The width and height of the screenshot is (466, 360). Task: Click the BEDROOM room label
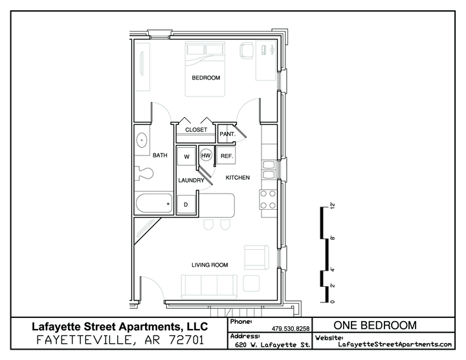206,78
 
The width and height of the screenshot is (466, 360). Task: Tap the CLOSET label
196,130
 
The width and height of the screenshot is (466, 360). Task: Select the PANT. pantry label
227,134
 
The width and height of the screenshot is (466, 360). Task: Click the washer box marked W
186,156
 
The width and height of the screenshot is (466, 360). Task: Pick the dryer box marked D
186,205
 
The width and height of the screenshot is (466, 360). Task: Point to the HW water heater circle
206,155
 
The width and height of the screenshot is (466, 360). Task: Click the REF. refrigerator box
226,155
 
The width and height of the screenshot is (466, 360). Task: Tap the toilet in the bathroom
144,173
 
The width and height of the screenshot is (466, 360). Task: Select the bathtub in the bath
154,204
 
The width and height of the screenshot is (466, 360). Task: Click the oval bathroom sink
142,140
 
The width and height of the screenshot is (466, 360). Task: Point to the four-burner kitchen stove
268,199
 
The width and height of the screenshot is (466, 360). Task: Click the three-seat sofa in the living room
209,287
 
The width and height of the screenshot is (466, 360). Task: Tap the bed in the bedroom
205,69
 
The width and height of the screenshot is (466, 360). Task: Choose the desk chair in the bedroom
247,51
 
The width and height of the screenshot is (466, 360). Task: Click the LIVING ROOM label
210,265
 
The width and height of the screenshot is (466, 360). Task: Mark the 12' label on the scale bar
332,206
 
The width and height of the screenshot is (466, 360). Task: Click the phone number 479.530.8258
291,328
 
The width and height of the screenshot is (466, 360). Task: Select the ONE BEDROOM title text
375,325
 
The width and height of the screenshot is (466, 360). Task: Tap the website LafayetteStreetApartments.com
395,344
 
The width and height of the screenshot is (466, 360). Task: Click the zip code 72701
186,340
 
